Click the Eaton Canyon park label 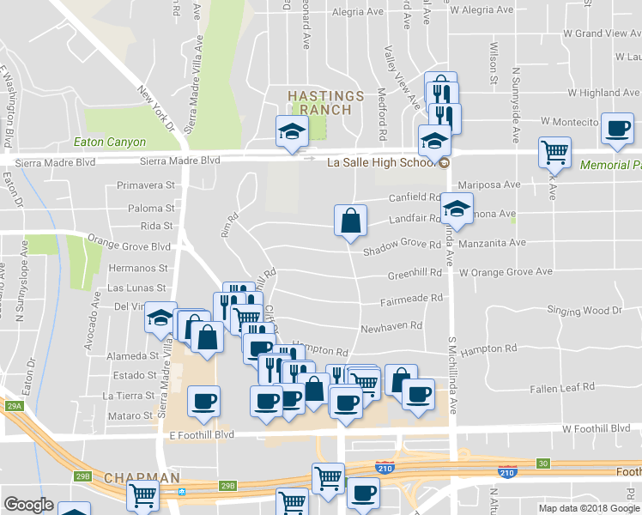[x=110, y=142]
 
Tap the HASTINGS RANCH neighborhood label [x=319, y=102]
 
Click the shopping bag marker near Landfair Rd [x=351, y=221]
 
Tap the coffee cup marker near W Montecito [x=617, y=129]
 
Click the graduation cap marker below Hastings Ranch [x=291, y=131]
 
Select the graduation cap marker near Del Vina [x=160, y=318]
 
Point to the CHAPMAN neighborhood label [x=142, y=477]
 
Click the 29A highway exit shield [x=13, y=406]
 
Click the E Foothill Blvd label [x=199, y=434]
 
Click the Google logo [x=29, y=505]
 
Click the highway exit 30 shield [x=542, y=463]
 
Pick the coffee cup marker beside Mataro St [x=203, y=402]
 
